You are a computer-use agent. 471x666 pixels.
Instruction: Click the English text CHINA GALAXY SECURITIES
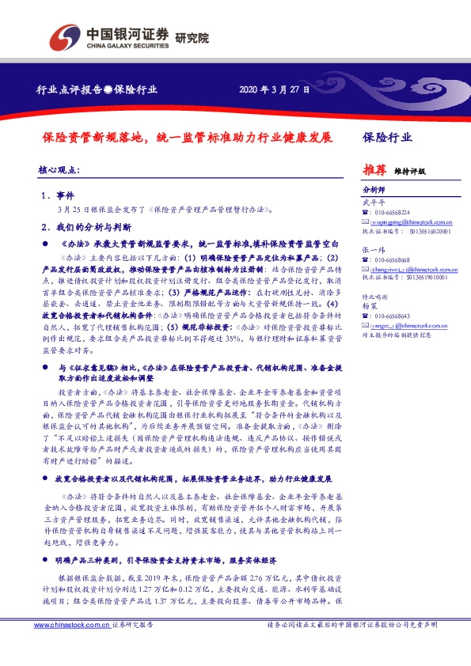tap(127, 44)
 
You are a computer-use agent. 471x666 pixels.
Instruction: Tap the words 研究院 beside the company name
tap(192, 36)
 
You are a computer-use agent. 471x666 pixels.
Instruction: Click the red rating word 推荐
tap(374, 169)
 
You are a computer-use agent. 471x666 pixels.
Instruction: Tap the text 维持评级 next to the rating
tap(410, 171)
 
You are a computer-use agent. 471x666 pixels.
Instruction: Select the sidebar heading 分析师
tap(373, 191)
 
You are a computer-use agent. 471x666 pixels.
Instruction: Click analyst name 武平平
tap(372, 202)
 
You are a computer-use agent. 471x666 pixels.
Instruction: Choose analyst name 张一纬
tap(372, 249)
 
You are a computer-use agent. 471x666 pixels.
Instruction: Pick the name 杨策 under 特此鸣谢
tap(370, 305)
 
